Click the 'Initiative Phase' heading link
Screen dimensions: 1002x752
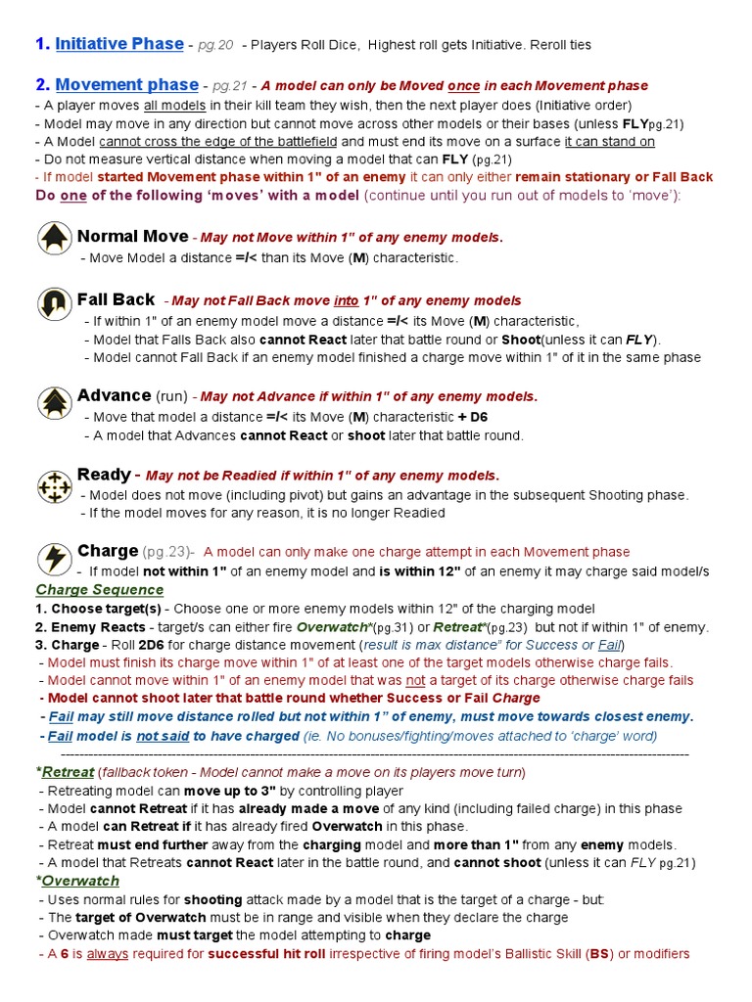click(x=118, y=44)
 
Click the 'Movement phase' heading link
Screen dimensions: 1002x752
click(x=127, y=85)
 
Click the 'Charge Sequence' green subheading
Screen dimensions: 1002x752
click(x=99, y=590)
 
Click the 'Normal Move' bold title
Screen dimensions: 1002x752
click(x=132, y=237)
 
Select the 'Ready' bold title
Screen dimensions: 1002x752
click(x=103, y=475)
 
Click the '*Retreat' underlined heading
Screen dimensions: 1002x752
click(x=65, y=772)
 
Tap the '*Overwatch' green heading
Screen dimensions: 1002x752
click(x=77, y=881)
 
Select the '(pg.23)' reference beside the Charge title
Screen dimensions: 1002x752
click(x=167, y=552)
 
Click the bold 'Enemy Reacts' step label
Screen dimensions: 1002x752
click(x=96, y=626)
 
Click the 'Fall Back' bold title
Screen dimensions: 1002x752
click(x=116, y=299)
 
